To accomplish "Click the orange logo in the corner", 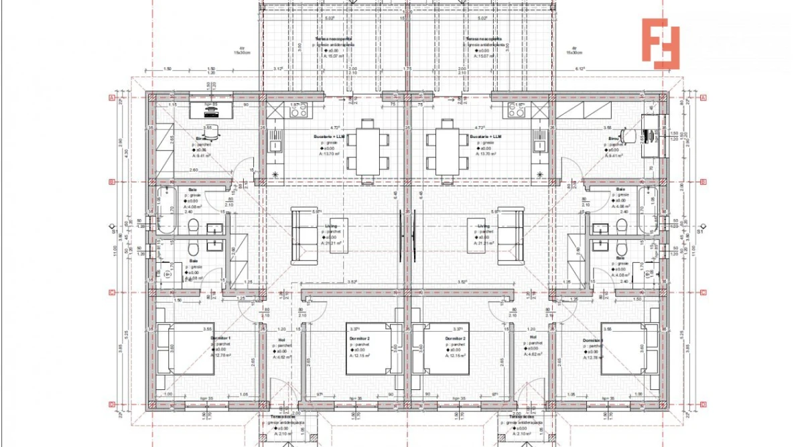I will pyautogui.click(x=660, y=44).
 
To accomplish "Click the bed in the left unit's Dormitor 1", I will pyautogui.click(x=186, y=349).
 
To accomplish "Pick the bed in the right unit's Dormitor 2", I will pyautogui.click(x=445, y=349).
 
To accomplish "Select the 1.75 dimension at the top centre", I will pyautogui.click(x=407, y=69).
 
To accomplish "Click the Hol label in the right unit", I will pyautogui.click(x=533, y=338).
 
